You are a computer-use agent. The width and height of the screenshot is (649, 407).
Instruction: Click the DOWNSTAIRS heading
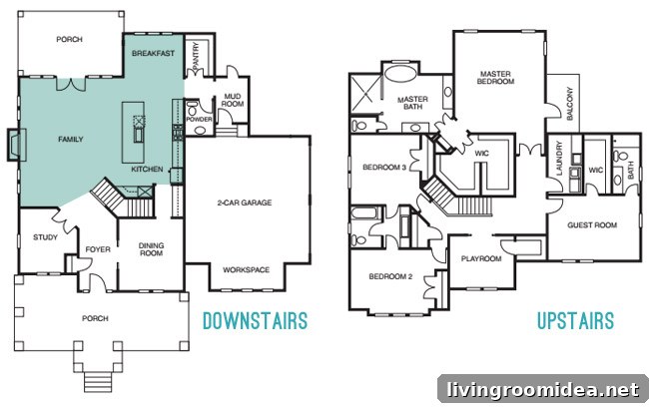(x=255, y=321)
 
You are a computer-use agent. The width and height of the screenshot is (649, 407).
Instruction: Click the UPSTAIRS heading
(x=575, y=321)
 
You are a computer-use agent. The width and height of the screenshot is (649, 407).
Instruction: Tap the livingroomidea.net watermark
(x=543, y=390)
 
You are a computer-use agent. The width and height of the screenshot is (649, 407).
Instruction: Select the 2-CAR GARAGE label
(x=245, y=203)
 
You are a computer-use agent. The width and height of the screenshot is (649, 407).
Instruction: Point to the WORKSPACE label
(x=247, y=269)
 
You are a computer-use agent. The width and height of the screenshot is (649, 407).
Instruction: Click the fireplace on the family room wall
(x=17, y=145)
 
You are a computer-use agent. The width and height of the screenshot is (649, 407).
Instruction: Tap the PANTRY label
(x=196, y=56)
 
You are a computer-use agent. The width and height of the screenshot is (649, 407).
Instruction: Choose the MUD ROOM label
(x=233, y=100)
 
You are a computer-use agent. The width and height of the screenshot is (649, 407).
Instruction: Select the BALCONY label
(x=569, y=104)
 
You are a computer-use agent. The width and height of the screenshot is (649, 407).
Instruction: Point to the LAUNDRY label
(x=559, y=159)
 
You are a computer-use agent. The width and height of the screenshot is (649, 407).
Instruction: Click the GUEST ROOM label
(x=592, y=225)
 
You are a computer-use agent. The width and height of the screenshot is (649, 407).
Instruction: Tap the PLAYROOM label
(x=481, y=259)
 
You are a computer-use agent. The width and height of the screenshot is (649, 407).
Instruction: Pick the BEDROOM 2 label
(x=390, y=276)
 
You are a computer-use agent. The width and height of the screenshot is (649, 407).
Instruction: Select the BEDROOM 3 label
(x=384, y=168)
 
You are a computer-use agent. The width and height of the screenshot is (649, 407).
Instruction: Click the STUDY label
(x=45, y=237)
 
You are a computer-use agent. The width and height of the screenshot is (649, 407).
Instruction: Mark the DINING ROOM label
(x=152, y=249)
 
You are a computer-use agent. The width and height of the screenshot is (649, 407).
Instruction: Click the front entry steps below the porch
(x=98, y=381)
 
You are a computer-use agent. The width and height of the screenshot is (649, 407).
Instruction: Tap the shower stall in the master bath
(x=365, y=94)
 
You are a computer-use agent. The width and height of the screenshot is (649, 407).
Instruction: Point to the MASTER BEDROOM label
(x=495, y=78)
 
